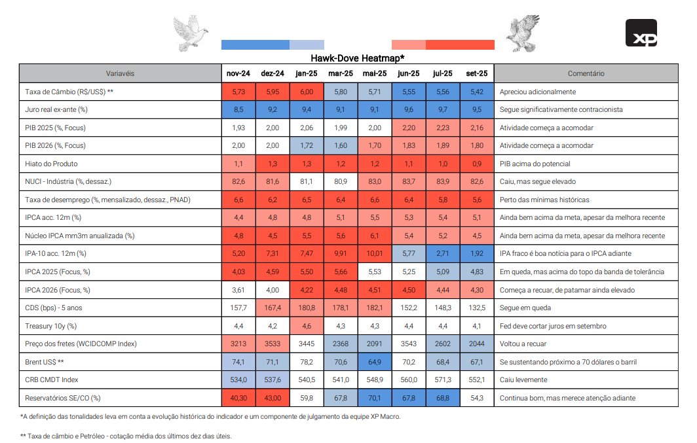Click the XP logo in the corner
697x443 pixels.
[x=641, y=33]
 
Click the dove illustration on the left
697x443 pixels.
[x=190, y=33]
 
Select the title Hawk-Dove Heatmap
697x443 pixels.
[x=357, y=58]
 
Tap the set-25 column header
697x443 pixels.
[x=476, y=74]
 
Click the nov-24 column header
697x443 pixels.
[x=238, y=74]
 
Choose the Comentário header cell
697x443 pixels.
[x=586, y=74]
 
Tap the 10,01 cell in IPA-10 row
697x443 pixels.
[x=374, y=253]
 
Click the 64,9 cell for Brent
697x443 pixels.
[x=374, y=361]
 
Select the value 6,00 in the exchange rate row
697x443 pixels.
[x=306, y=92]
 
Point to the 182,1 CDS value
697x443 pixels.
[x=374, y=308]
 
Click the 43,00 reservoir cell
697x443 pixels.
[x=272, y=397]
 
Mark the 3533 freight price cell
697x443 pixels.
[x=272, y=344]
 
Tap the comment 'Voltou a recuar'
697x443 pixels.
[x=523, y=344]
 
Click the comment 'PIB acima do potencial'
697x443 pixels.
[x=535, y=164]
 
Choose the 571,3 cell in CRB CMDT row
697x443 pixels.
[x=442, y=380]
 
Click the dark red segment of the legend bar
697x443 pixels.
[x=460, y=44]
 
